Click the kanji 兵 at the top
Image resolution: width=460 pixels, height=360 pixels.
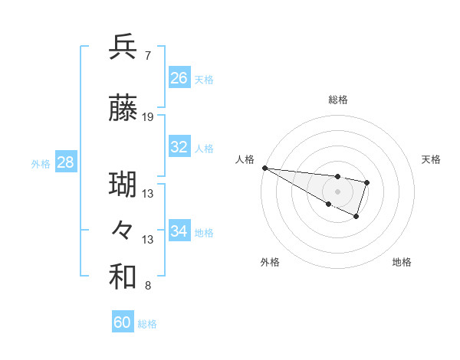[x=123, y=47]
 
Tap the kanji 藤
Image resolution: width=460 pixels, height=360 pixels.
[x=123, y=110]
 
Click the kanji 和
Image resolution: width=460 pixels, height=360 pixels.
[x=123, y=277]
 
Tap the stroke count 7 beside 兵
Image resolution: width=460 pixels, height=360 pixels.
[x=147, y=55]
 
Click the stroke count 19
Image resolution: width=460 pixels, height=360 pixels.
[x=148, y=117]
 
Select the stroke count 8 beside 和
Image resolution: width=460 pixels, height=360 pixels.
[x=147, y=286]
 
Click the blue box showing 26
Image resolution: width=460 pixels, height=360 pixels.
[x=179, y=78]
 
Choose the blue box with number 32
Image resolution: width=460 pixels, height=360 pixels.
[x=179, y=147]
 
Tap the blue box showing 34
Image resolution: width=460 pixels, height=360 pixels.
[x=179, y=231]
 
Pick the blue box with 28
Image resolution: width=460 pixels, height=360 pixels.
[x=65, y=162]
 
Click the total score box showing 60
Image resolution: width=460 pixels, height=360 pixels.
[x=123, y=322]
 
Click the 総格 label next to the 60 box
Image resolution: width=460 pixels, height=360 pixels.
[x=147, y=324]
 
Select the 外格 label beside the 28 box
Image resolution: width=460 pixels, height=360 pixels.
[x=41, y=164]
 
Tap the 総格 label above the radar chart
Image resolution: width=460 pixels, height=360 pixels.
[x=338, y=100]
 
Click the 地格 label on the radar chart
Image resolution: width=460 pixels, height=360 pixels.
[x=402, y=262]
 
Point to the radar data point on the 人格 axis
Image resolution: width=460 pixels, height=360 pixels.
[x=264, y=168]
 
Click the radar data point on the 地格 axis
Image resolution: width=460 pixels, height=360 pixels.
[x=356, y=217]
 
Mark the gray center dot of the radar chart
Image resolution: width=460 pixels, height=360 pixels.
[x=338, y=191]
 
